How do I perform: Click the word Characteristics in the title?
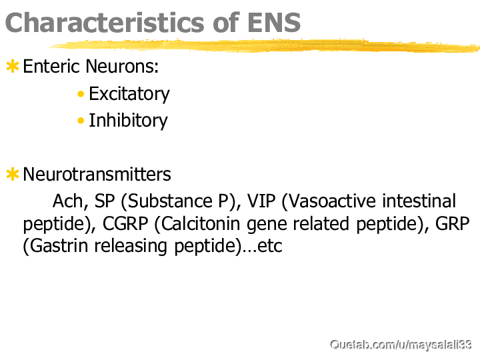pos(105,23)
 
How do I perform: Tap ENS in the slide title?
pos(274,23)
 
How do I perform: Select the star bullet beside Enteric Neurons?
pos(13,67)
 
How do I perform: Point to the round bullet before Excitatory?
pos(81,94)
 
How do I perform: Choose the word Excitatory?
pos(129,94)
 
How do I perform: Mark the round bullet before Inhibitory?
pos(81,121)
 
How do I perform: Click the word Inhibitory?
pos(128,120)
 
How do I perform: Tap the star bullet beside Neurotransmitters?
pos(13,174)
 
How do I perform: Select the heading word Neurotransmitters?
pos(97,175)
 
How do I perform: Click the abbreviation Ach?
pos(71,201)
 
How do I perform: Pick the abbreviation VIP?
pos(261,201)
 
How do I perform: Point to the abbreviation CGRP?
pos(125,224)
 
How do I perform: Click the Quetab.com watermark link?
pos(401,345)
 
